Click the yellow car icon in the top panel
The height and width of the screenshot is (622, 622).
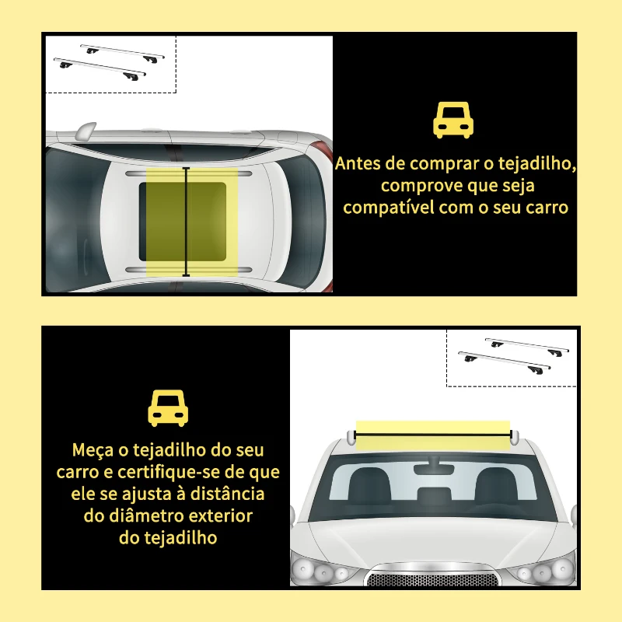pyautogui.click(x=453, y=121)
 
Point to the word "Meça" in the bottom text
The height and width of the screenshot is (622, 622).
pyautogui.click(x=92, y=450)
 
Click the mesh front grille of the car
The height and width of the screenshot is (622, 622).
pyautogui.click(x=434, y=579)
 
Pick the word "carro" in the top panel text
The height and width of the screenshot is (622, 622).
pyautogui.click(x=547, y=208)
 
